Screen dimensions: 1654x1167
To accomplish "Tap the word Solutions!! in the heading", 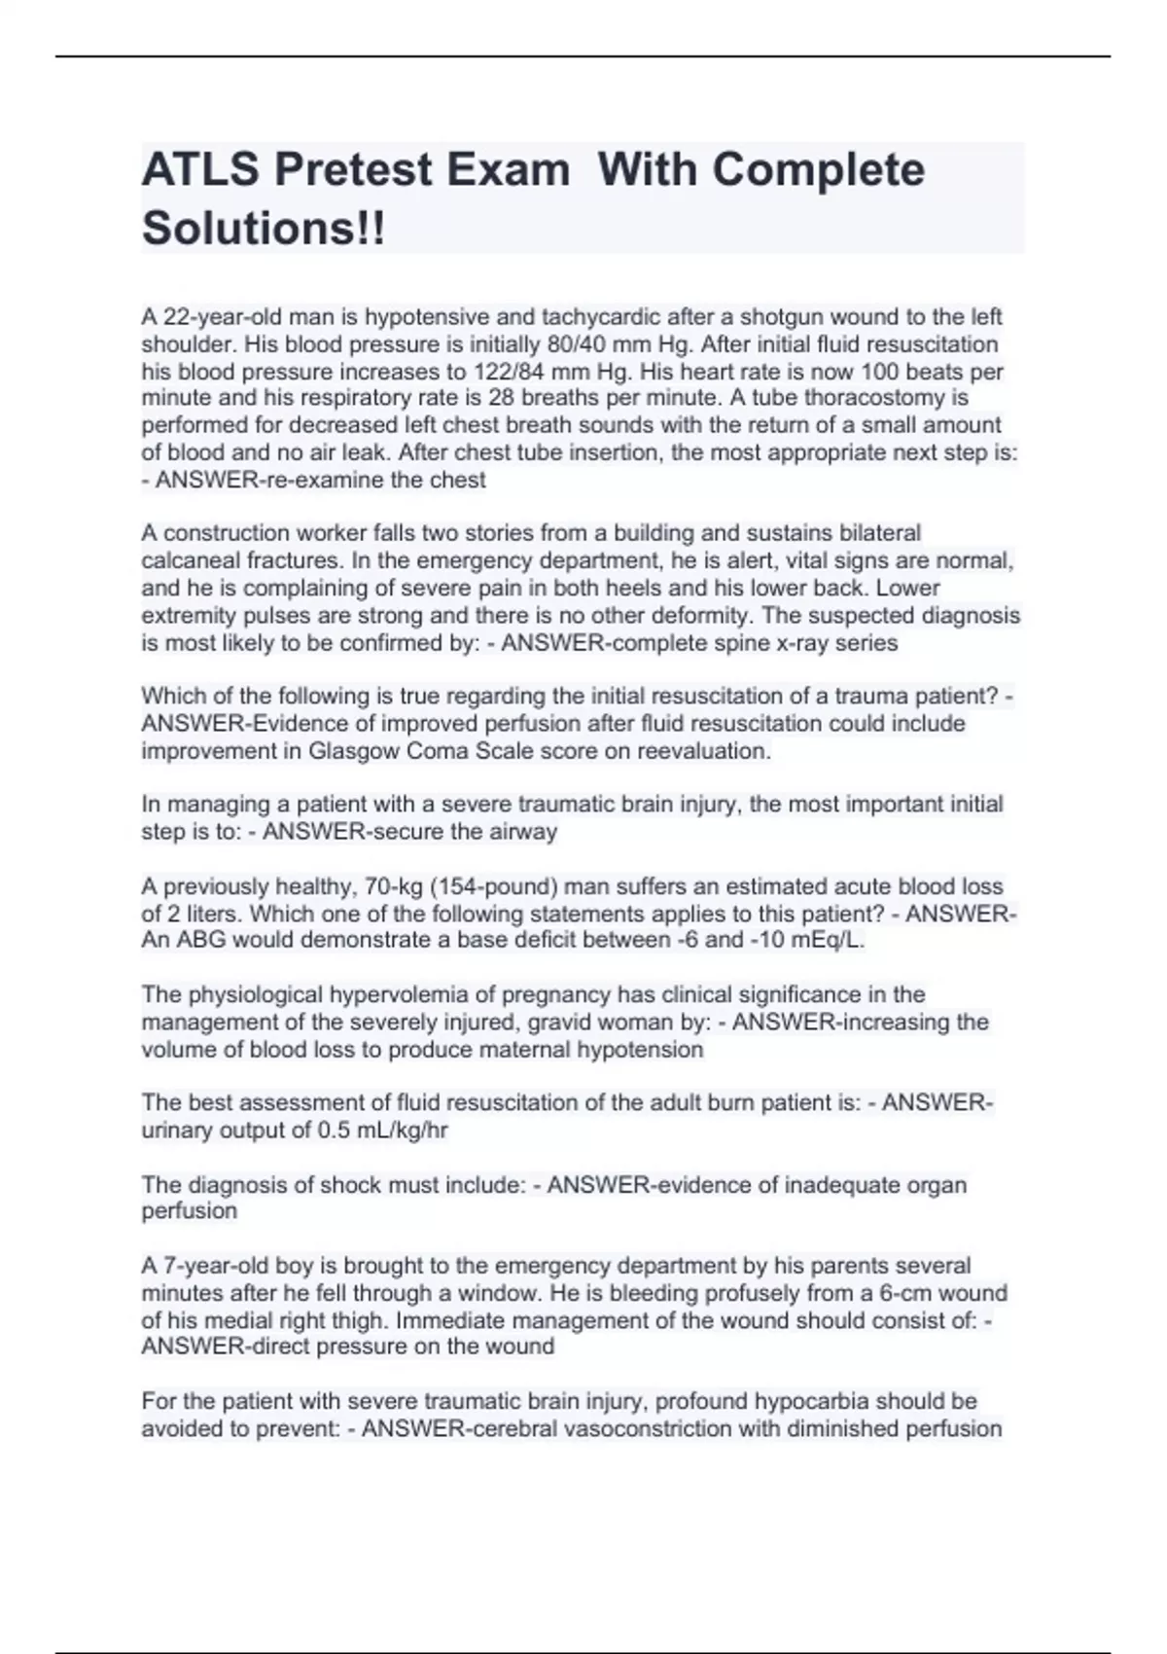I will pyautogui.click(x=264, y=229).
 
